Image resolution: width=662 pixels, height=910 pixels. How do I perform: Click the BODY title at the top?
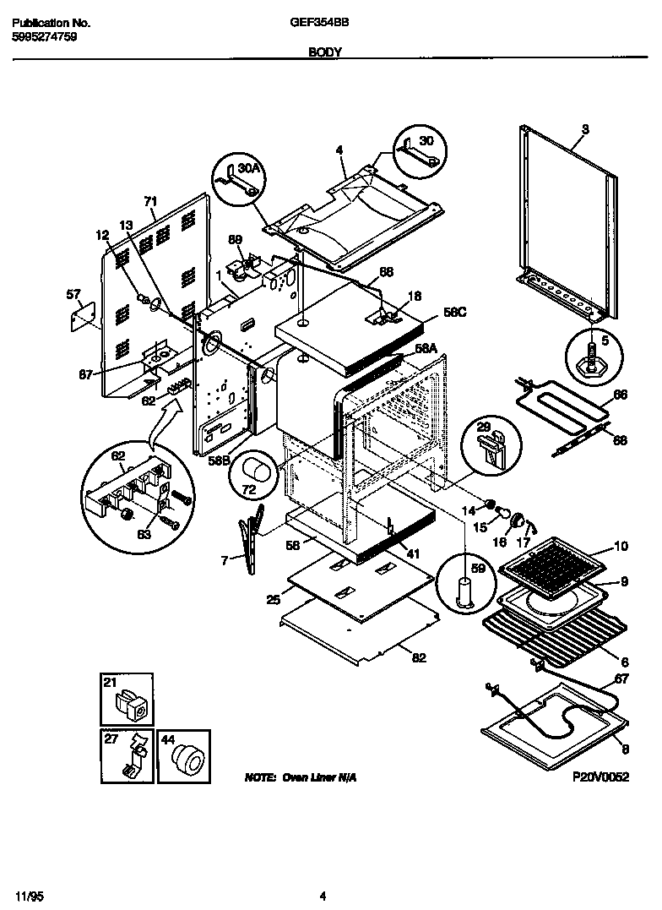(x=325, y=52)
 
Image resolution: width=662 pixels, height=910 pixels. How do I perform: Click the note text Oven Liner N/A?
(x=300, y=776)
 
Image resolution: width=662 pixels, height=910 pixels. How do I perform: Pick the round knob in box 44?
(x=184, y=757)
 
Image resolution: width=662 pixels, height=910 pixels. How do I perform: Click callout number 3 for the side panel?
(x=585, y=129)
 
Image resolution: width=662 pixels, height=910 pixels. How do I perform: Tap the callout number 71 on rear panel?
(x=151, y=201)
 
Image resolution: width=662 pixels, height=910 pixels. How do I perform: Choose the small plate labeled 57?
(x=80, y=317)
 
